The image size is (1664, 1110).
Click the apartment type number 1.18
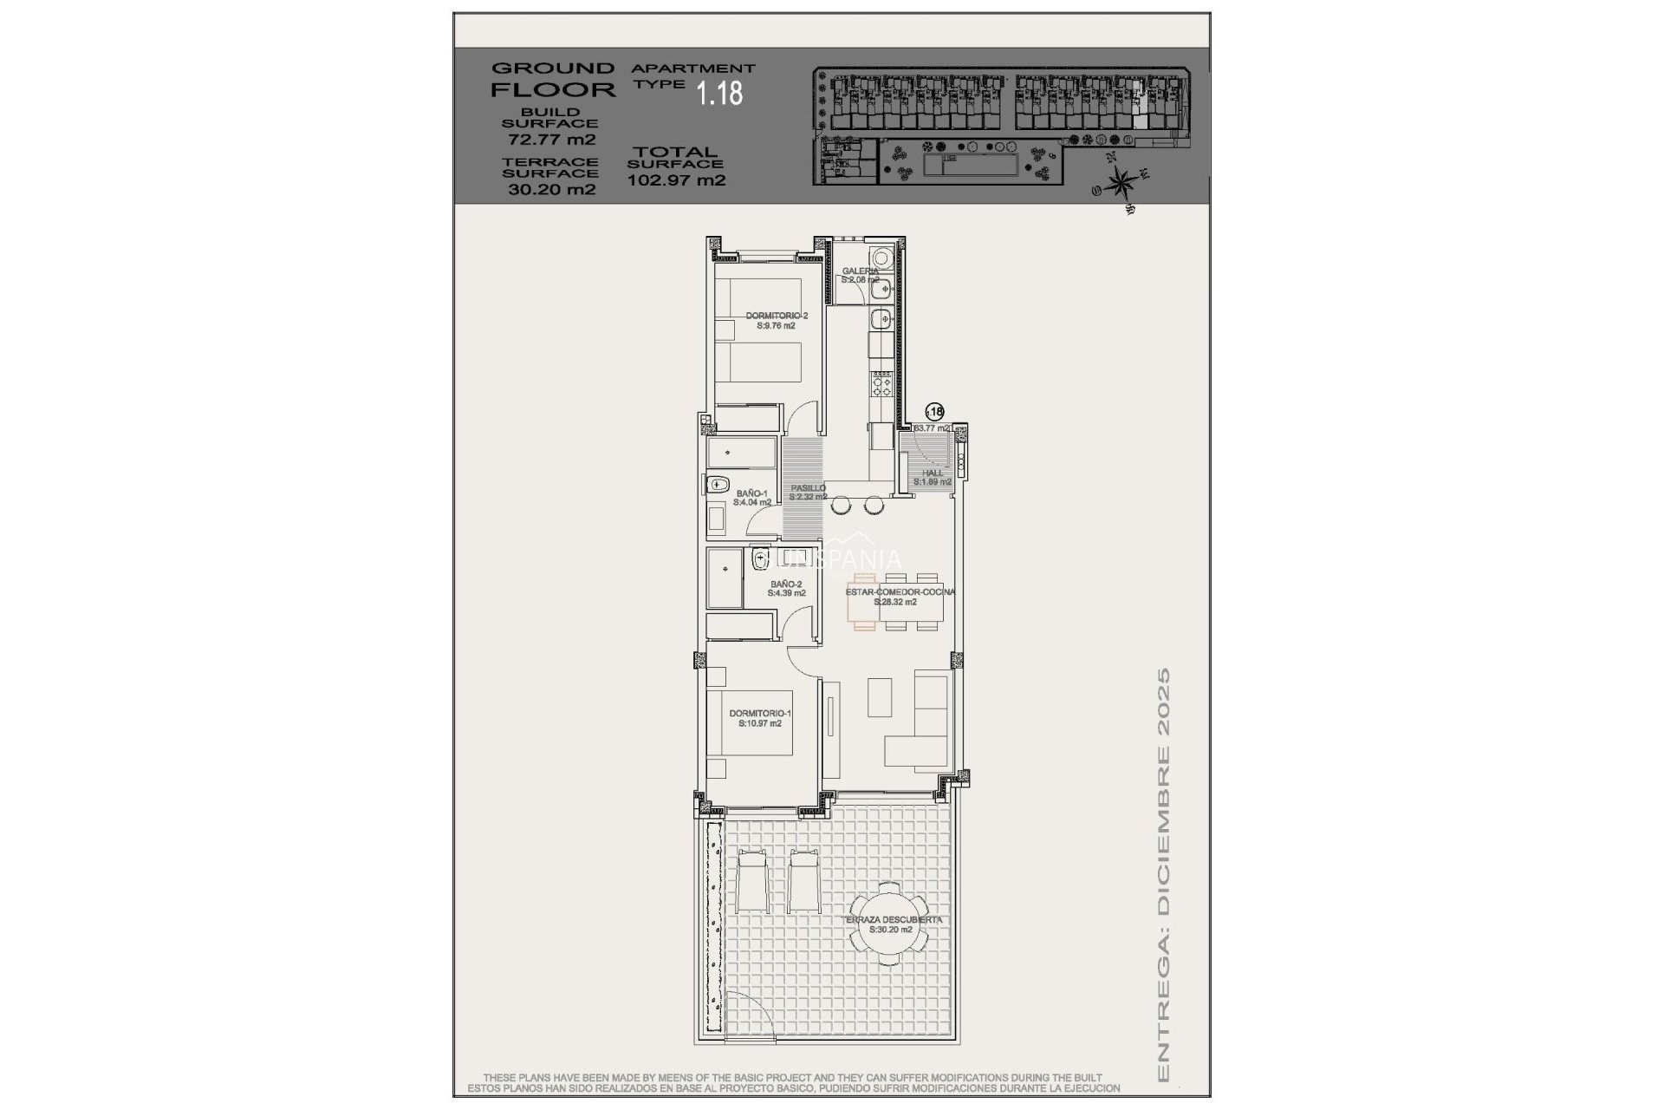click(719, 94)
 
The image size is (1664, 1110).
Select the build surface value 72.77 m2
click(551, 139)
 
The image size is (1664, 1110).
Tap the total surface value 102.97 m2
click(676, 180)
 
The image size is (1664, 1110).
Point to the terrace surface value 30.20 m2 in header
click(551, 189)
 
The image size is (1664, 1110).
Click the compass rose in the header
click(1121, 183)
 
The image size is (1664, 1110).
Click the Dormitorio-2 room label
click(777, 321)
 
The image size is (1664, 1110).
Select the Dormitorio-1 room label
click(760, 718)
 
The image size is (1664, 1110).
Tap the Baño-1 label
click(751, 498)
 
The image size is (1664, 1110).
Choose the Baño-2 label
click(787, 589)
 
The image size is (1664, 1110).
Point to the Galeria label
click(860, 275)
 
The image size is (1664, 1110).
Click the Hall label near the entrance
click(933, 477)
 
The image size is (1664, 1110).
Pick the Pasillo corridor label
click(808, 493)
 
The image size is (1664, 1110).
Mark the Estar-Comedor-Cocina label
click(900, 597)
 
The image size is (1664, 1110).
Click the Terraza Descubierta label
click(893, 924)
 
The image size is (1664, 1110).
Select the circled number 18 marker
click(935, 413)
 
